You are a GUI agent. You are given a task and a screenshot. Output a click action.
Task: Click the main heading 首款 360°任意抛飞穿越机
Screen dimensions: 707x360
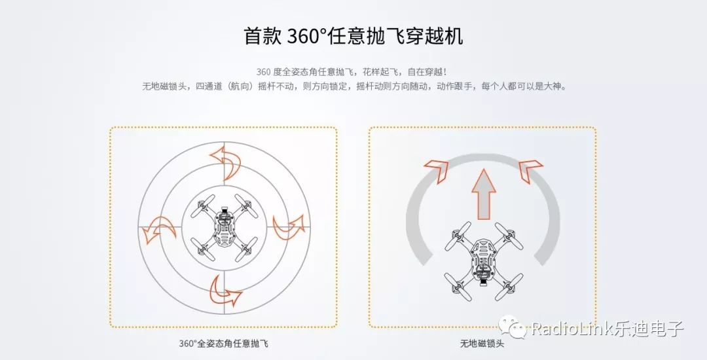[353, 36]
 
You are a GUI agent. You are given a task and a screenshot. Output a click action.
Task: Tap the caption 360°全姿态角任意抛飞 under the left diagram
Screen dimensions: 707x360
[224, 344]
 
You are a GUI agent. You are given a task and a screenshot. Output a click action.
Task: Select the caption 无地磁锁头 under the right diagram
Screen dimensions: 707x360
[482, 344]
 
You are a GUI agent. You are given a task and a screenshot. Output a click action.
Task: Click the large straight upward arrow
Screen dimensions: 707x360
[484, 194]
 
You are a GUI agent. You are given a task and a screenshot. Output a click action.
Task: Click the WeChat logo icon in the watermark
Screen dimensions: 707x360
[512, 326]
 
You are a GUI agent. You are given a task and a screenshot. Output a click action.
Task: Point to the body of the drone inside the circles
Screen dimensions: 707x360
[224, 228]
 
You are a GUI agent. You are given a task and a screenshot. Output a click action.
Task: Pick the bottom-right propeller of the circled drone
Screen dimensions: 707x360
[245, 249]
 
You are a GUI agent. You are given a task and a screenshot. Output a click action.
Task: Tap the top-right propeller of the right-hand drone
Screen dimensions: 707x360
[509, 236]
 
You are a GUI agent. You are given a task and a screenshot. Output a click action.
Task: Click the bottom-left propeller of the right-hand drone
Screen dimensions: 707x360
[458, 287]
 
